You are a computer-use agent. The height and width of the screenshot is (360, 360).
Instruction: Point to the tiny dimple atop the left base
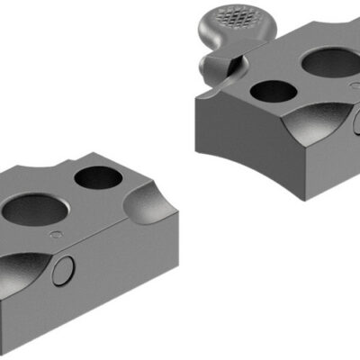(58, 235)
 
